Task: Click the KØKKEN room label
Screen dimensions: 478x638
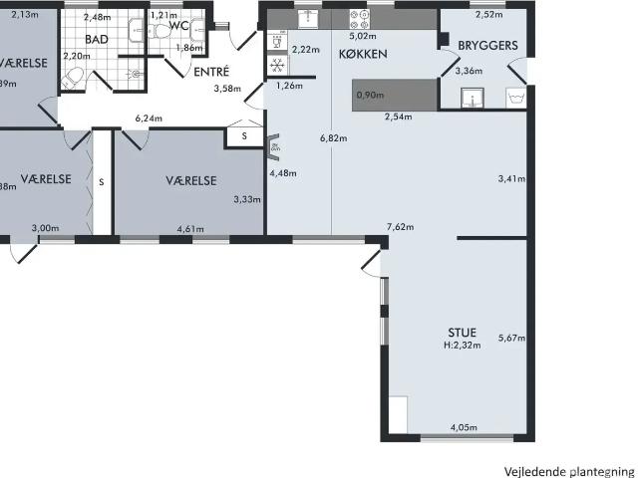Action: (x=362, y=54)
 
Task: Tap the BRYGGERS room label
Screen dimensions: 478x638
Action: (x=486, y=45)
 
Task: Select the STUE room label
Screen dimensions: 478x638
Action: (x=462, y=332)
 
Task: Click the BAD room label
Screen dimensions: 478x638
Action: (x=97, y=39)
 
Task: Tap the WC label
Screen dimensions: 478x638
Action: (x=179, y=26)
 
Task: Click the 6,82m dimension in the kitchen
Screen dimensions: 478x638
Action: (x=333, y=137)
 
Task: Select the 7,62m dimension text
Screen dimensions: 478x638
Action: (x=400, y=227)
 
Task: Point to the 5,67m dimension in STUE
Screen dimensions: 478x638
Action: (x=510, y=336)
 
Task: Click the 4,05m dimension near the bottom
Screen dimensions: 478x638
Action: (x=463, y=428)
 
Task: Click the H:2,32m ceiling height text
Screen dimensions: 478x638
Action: (x=462, y=346)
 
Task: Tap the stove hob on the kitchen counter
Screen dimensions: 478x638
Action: (x=357, y=18)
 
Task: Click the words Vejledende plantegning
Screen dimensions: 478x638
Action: (x=568, y=470)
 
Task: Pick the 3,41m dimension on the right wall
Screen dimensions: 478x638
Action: (x=510, y=179)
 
